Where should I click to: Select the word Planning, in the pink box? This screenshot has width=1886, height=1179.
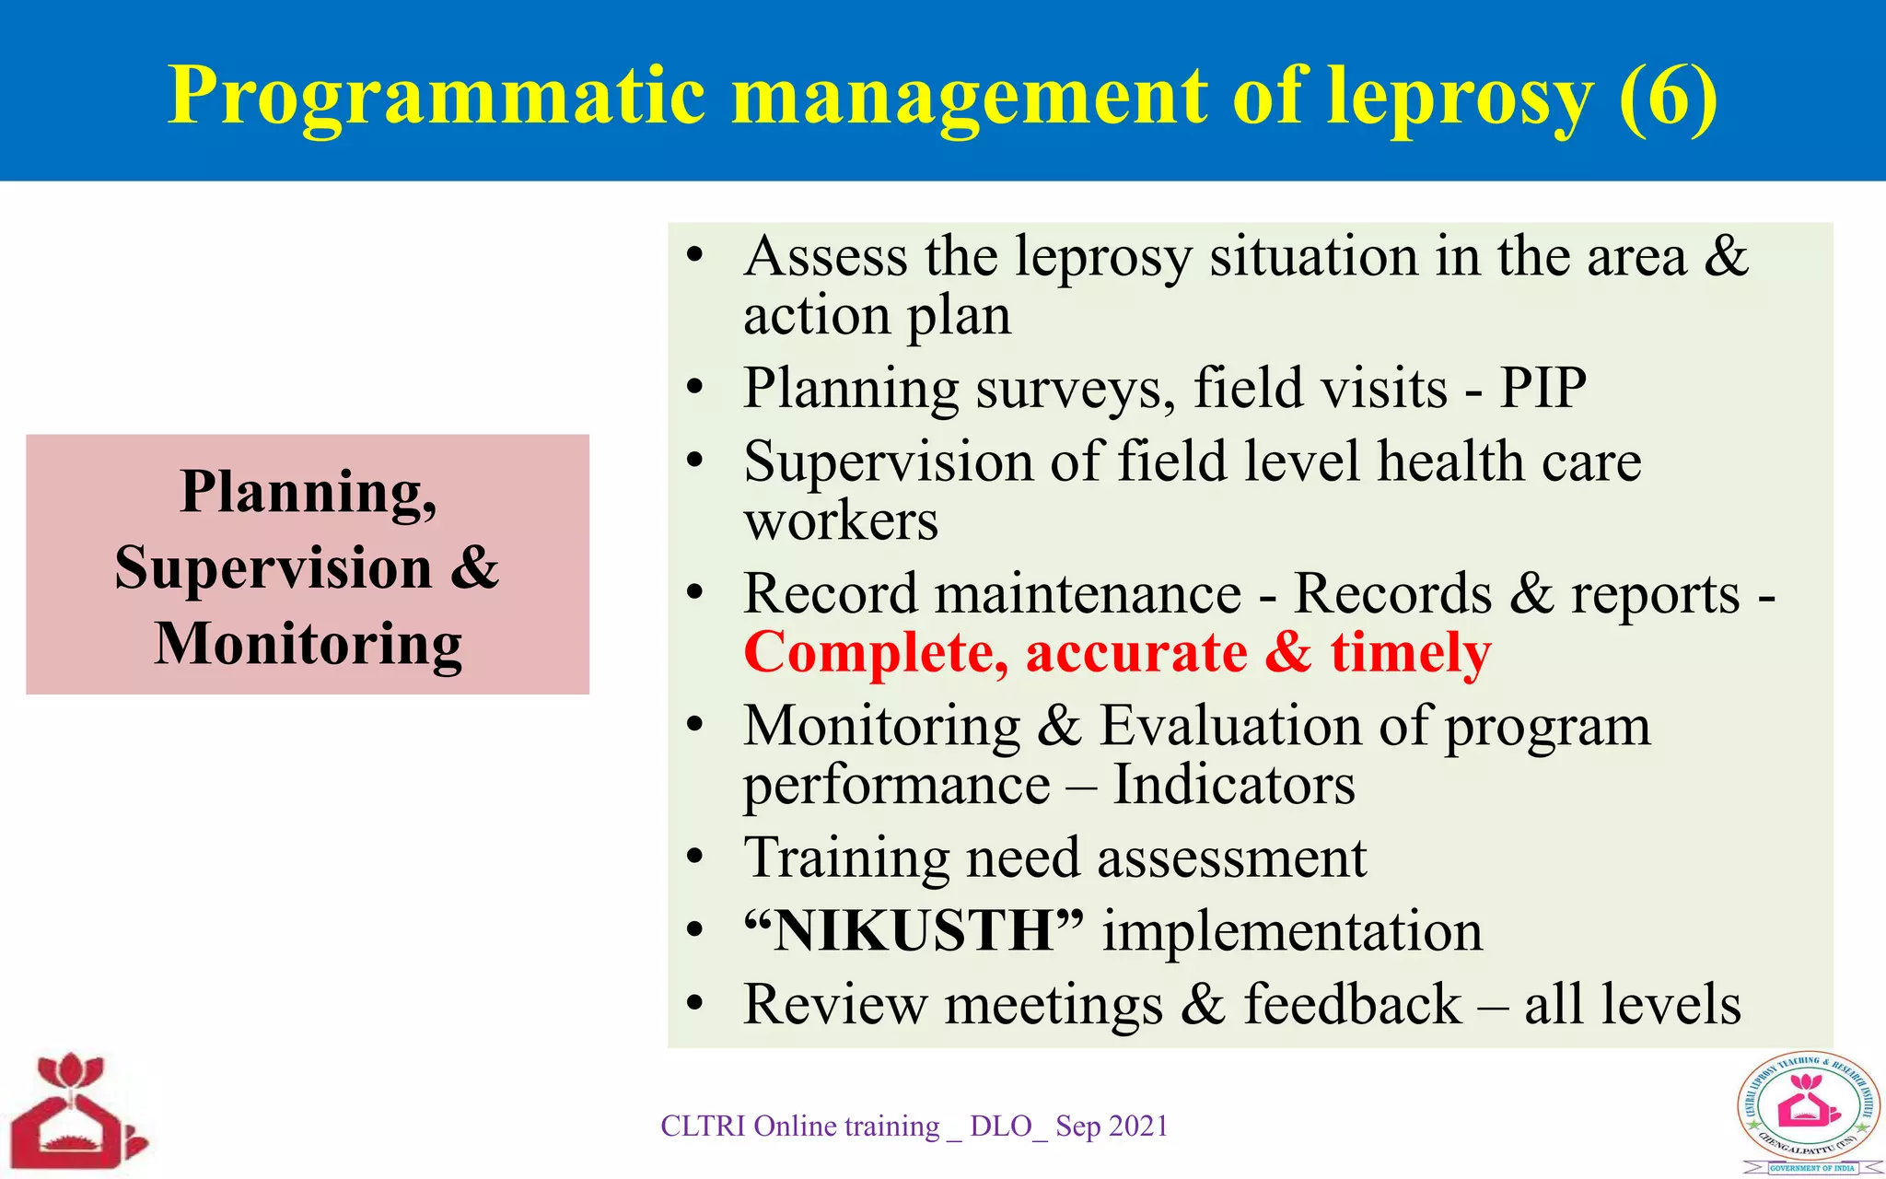click(309, 492)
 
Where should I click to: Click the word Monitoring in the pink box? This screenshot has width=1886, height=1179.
click(309, 643)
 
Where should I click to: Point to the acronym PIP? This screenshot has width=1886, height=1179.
click(1543, 388)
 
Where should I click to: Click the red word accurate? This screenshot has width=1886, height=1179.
click(1136, 653)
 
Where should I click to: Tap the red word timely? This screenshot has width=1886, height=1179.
click(1410, 653)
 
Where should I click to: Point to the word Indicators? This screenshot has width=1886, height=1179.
click(1233, 785)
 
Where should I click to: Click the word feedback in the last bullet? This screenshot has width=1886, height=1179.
click(1352, 1004)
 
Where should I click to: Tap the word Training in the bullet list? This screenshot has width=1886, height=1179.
click(846, 858)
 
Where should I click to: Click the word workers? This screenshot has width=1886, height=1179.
click(841, 521)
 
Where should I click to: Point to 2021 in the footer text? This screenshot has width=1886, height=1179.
click(1138, 1126)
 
